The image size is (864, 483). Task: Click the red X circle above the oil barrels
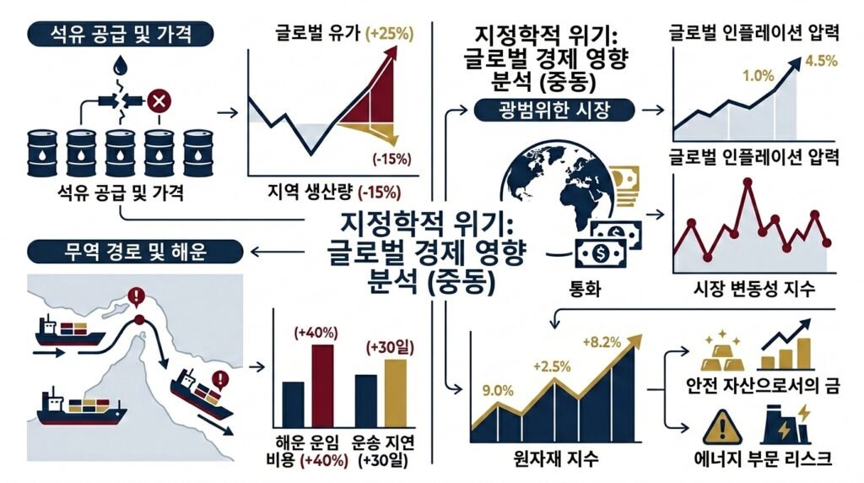157,103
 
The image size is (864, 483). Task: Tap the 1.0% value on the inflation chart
758,76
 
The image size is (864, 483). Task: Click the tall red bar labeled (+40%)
321,388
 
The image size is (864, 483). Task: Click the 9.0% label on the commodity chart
494,390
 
